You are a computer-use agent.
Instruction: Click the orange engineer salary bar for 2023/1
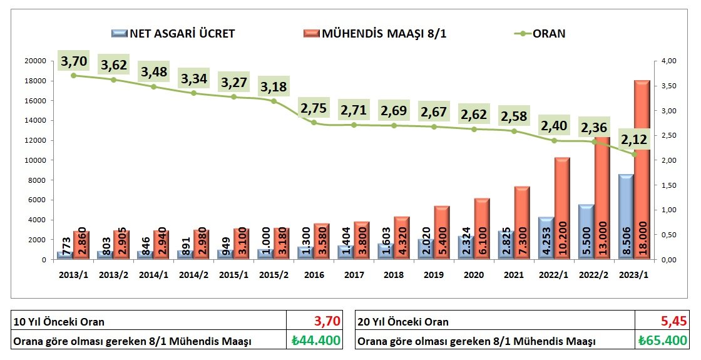point(642,170)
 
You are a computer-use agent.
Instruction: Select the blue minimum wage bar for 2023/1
point(626,217)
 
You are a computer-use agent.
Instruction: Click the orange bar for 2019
point(443,232)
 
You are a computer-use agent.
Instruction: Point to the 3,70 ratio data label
point(74,61)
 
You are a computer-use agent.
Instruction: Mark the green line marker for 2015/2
point(274,101)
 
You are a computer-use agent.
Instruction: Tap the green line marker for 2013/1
point(74,75)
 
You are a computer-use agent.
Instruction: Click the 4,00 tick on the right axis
point(669,61)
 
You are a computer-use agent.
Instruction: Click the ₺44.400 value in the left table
point(315,341)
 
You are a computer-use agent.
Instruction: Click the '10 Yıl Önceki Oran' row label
point(59,322)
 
